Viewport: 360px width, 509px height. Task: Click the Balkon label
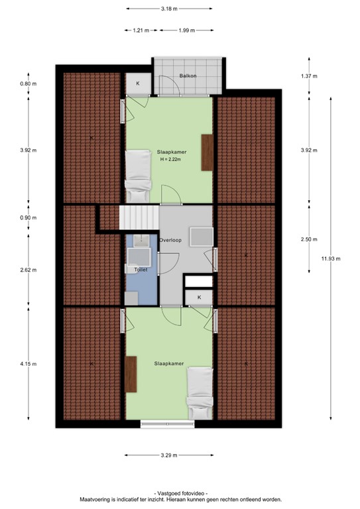click(188, 76)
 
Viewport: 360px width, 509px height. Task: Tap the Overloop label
click(171, 240)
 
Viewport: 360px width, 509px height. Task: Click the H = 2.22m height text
click(172, 159)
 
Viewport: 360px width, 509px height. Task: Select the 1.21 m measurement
click(141, 30)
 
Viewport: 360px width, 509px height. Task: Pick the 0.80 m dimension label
click(28, 84)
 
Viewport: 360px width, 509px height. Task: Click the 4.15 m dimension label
click(28, 364)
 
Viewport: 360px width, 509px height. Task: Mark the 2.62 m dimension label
click(28, 270)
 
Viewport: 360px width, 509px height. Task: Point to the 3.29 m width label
click(170, 455)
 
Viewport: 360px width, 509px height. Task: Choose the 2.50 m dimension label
click(309, 239)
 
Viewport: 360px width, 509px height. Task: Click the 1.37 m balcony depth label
click(309, 77)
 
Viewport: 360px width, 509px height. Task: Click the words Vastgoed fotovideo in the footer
click(180, 493)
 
